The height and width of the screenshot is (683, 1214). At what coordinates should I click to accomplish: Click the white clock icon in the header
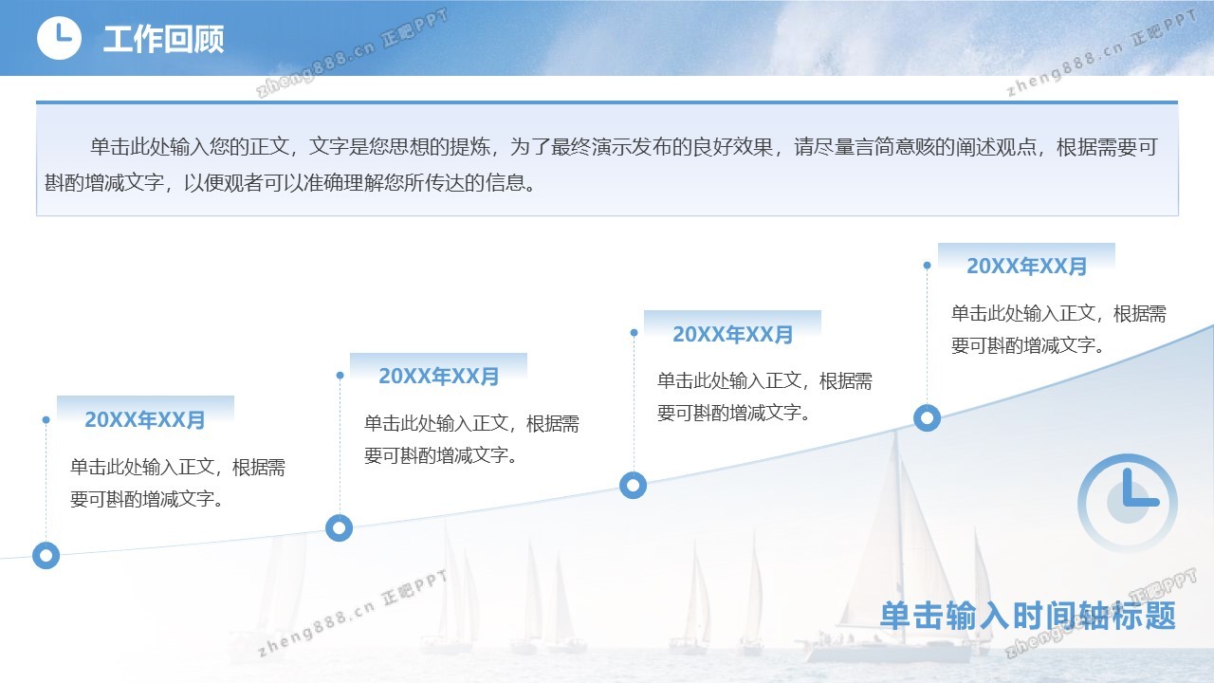(x=59, y=38)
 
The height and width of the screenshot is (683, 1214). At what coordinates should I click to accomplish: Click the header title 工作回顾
(x=163, y=39)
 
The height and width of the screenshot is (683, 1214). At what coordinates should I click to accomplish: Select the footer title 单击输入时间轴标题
(x=1027, y=616)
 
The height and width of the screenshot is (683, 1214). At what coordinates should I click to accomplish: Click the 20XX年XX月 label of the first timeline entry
(x=145, y=419)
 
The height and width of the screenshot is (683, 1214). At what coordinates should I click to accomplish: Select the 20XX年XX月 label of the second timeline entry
(x=438, y=377)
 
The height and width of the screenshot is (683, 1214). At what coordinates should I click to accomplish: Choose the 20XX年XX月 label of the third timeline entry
(x=733, y=335)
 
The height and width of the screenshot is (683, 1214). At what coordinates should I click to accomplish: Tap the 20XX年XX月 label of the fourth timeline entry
(x=1026, y=267)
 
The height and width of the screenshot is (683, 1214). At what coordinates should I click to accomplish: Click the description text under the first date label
(x=177, y=483)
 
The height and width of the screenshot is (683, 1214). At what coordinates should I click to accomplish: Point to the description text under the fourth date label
(x=1058, y=329)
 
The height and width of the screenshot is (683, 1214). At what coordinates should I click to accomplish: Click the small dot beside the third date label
(x=635, y=333)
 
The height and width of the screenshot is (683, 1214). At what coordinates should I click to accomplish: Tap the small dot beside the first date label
(x=46, y=419)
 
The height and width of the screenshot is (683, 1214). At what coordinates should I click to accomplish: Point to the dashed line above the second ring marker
(x=340, y=445)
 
